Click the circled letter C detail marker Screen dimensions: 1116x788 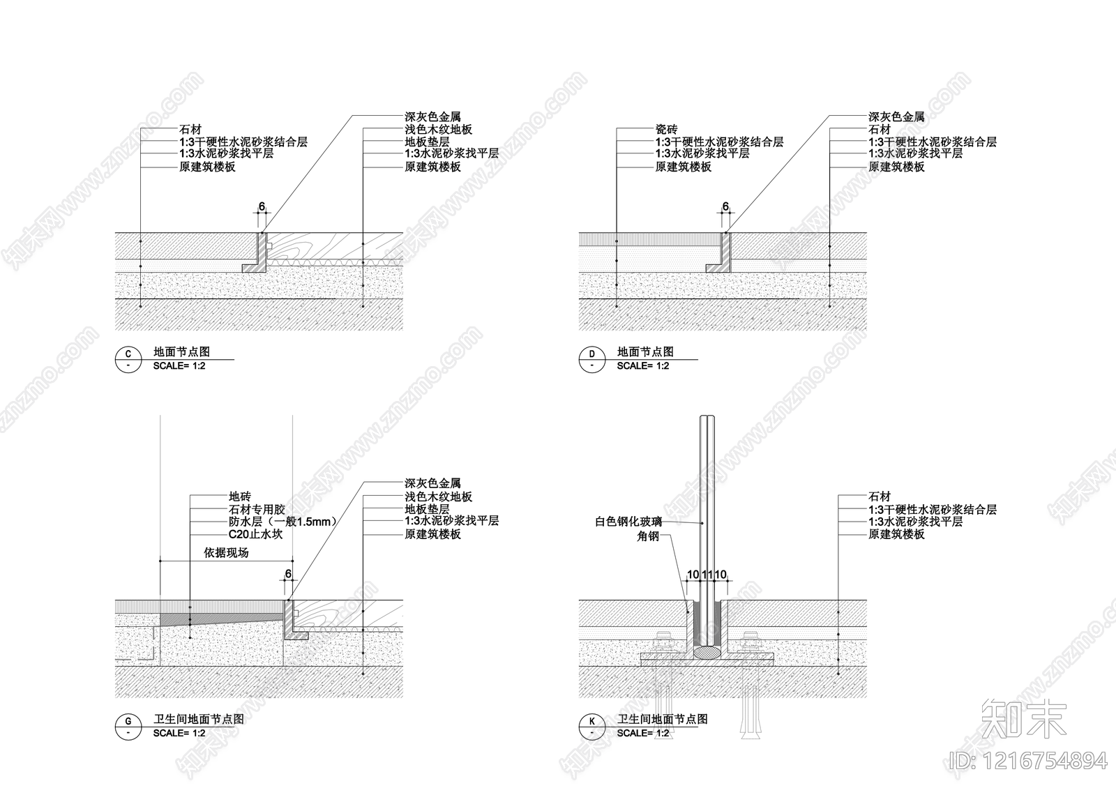128,359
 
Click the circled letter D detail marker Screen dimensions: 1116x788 592,359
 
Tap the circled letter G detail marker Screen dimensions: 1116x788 128,727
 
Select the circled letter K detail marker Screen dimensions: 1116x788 592,727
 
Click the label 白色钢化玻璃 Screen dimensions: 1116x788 628,522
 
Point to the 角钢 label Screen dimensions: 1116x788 648,536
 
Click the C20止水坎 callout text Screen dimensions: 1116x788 255,534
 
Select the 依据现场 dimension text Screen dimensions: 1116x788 226,553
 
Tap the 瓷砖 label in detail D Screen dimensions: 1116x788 666,130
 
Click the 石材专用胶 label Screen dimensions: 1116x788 257,510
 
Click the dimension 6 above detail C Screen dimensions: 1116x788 262,206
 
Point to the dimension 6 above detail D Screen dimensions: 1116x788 725,206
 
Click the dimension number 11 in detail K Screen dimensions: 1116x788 707,575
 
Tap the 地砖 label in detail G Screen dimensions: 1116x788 240,497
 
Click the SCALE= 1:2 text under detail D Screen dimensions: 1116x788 642,366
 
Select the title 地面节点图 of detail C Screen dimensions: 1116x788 181,351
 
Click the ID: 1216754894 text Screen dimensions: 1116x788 1028,761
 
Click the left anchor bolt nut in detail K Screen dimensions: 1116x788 665,642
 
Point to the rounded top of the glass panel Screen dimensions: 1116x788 707,418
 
